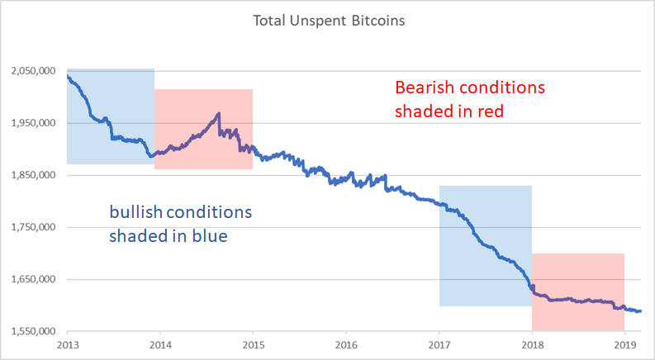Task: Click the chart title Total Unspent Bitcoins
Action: point(329,20)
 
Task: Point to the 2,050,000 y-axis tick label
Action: point(33,71)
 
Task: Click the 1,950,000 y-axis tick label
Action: point(33,123)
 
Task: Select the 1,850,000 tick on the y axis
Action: point(33,175)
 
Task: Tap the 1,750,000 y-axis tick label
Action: point(33,227)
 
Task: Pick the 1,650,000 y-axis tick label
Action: point(33,280)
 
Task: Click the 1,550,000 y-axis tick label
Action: point(33,332)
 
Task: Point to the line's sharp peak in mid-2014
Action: point(219,113)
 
